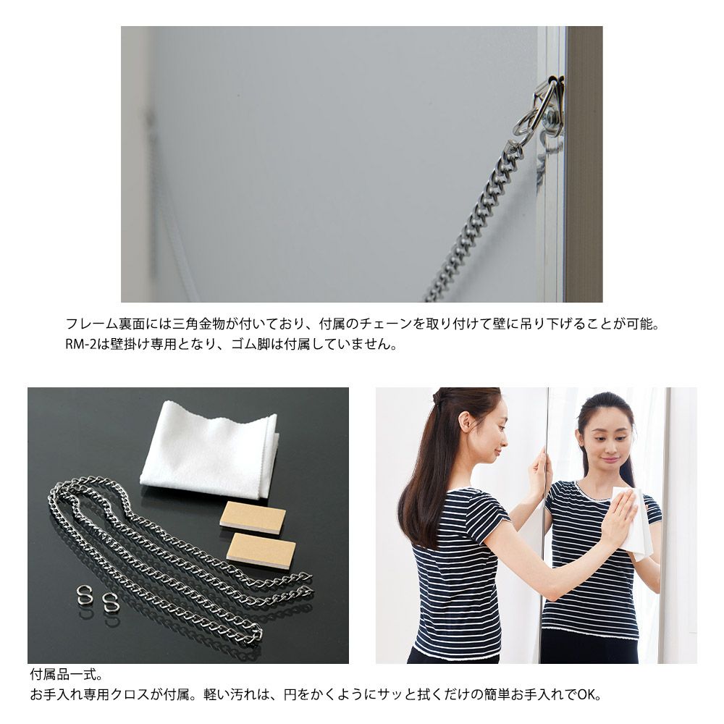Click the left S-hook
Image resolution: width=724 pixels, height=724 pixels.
83,596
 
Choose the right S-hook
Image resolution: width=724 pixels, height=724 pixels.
109,601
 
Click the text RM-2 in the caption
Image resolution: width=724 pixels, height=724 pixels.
80,345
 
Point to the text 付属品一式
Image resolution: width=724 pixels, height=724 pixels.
64,675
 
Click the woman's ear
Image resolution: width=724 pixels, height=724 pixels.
467,420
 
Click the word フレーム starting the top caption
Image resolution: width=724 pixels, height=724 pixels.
92,324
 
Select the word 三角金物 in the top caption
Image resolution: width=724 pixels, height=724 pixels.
198,324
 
